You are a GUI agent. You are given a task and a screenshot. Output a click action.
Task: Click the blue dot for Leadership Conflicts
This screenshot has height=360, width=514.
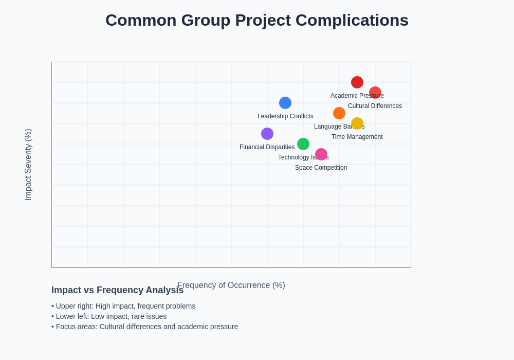pos(285,103)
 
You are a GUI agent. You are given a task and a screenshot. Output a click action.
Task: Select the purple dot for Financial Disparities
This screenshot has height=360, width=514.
pos(267,134)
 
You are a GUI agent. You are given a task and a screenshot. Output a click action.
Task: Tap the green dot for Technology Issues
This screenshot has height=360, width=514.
pos(303,144)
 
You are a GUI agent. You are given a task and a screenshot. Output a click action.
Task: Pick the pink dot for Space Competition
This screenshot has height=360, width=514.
pos(321,154)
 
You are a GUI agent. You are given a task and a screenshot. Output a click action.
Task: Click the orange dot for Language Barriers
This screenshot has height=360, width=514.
pos(339,113)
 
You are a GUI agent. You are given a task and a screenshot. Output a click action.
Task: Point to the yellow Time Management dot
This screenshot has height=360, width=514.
pos(357,123)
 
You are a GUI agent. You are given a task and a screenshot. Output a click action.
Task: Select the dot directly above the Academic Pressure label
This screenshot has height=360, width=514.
pos(357,82)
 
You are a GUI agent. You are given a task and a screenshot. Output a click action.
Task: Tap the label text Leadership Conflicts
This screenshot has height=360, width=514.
pos(285,116)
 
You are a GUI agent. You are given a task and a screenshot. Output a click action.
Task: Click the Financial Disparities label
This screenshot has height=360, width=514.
pos(267,147)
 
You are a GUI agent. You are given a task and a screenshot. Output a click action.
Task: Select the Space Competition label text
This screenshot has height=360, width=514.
pos(321,168)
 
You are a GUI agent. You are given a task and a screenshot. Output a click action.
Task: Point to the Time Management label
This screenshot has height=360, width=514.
pos(357,137)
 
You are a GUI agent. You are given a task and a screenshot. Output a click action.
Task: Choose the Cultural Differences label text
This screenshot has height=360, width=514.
pos(375,106)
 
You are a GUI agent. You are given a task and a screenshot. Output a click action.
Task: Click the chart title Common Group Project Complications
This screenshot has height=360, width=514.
pos(257,20)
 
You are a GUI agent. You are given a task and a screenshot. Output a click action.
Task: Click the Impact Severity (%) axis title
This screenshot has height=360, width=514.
pos(28,165)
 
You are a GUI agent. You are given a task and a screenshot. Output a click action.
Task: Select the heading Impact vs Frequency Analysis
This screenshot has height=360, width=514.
pos(117,290)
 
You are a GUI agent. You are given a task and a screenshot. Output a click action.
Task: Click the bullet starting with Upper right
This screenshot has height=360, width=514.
pos(123,306)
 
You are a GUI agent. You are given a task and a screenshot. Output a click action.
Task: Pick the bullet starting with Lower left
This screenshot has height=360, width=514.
pos(109,316)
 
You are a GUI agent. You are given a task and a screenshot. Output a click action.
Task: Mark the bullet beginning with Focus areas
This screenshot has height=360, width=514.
pos(144,327)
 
